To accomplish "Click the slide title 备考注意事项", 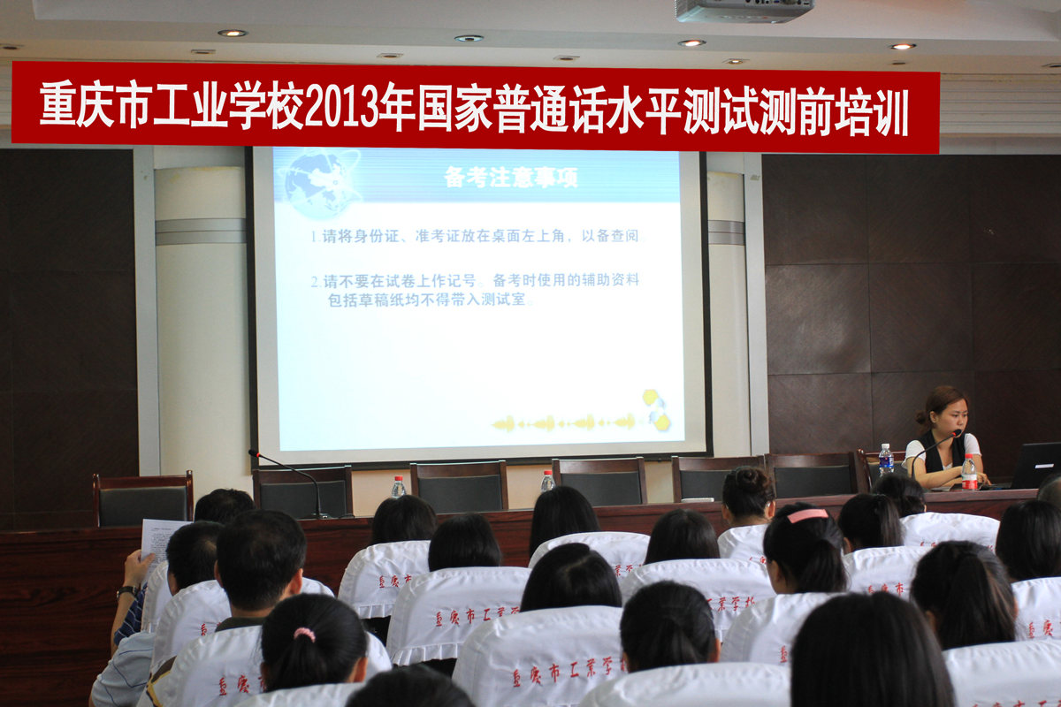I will [511, 178].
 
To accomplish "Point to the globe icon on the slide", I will [317, 183].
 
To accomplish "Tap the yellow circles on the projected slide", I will [655, 410].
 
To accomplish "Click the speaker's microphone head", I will [958, 433].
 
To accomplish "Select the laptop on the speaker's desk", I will [1035, 465].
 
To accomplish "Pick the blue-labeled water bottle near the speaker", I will [885, 460].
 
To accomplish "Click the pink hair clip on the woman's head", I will [807, 514].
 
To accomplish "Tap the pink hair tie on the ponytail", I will [304, 634].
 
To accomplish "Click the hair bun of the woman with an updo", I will [748, 481].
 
